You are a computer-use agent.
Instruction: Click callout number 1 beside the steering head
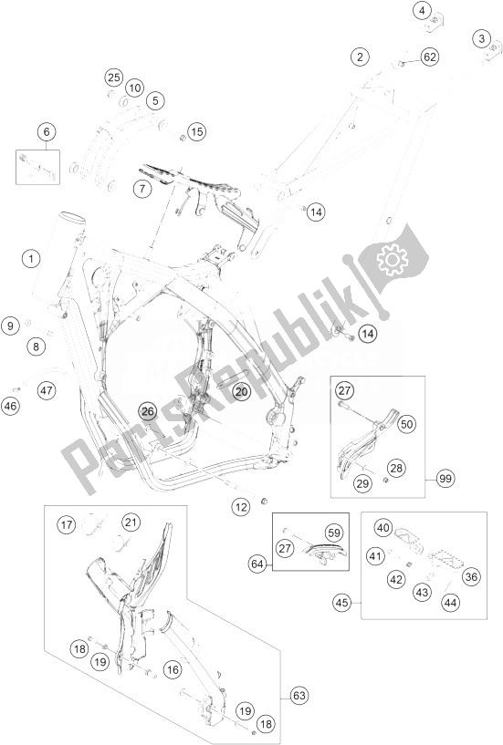pos(31,259)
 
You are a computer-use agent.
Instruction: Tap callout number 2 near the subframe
pos(360,57)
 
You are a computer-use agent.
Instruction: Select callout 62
pos(429,57)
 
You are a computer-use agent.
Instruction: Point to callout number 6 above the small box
pos(47,131)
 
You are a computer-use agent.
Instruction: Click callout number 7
pos(141,189)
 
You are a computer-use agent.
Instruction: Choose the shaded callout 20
pos(241,391)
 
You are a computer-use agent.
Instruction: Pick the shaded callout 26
pos(148,411)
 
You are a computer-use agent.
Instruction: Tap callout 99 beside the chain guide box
pos(445,479)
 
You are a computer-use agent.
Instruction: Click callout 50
pos(406,423)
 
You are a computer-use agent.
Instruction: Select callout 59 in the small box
pos(334,533)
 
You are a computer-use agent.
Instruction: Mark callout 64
pos(257,564)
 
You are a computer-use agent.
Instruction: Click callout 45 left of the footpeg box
pos(341,603)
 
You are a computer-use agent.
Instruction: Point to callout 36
pos(471,577)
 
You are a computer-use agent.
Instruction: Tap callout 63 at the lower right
pos(299,697)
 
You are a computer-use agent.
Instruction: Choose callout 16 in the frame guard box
pos(173,669)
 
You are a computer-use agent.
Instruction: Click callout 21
pos(131,523)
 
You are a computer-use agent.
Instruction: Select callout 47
pos(47,390)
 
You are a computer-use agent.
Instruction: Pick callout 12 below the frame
pos(241,507)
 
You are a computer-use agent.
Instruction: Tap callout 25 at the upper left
pos(114,78)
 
